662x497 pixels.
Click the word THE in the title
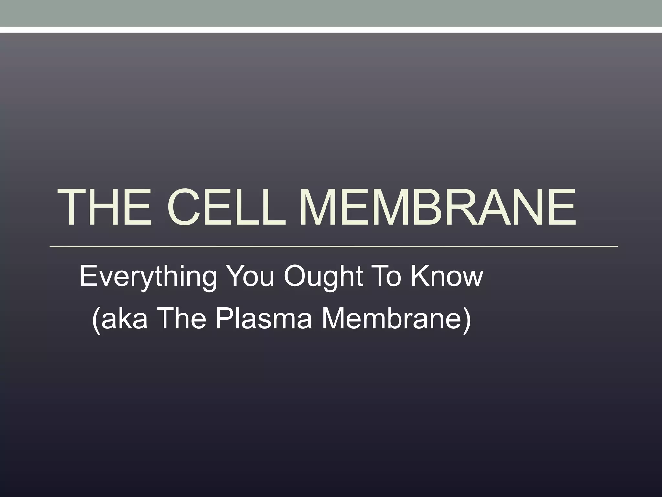point(104,207)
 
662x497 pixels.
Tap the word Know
point(447,276)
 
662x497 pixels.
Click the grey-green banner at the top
point(331,13)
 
